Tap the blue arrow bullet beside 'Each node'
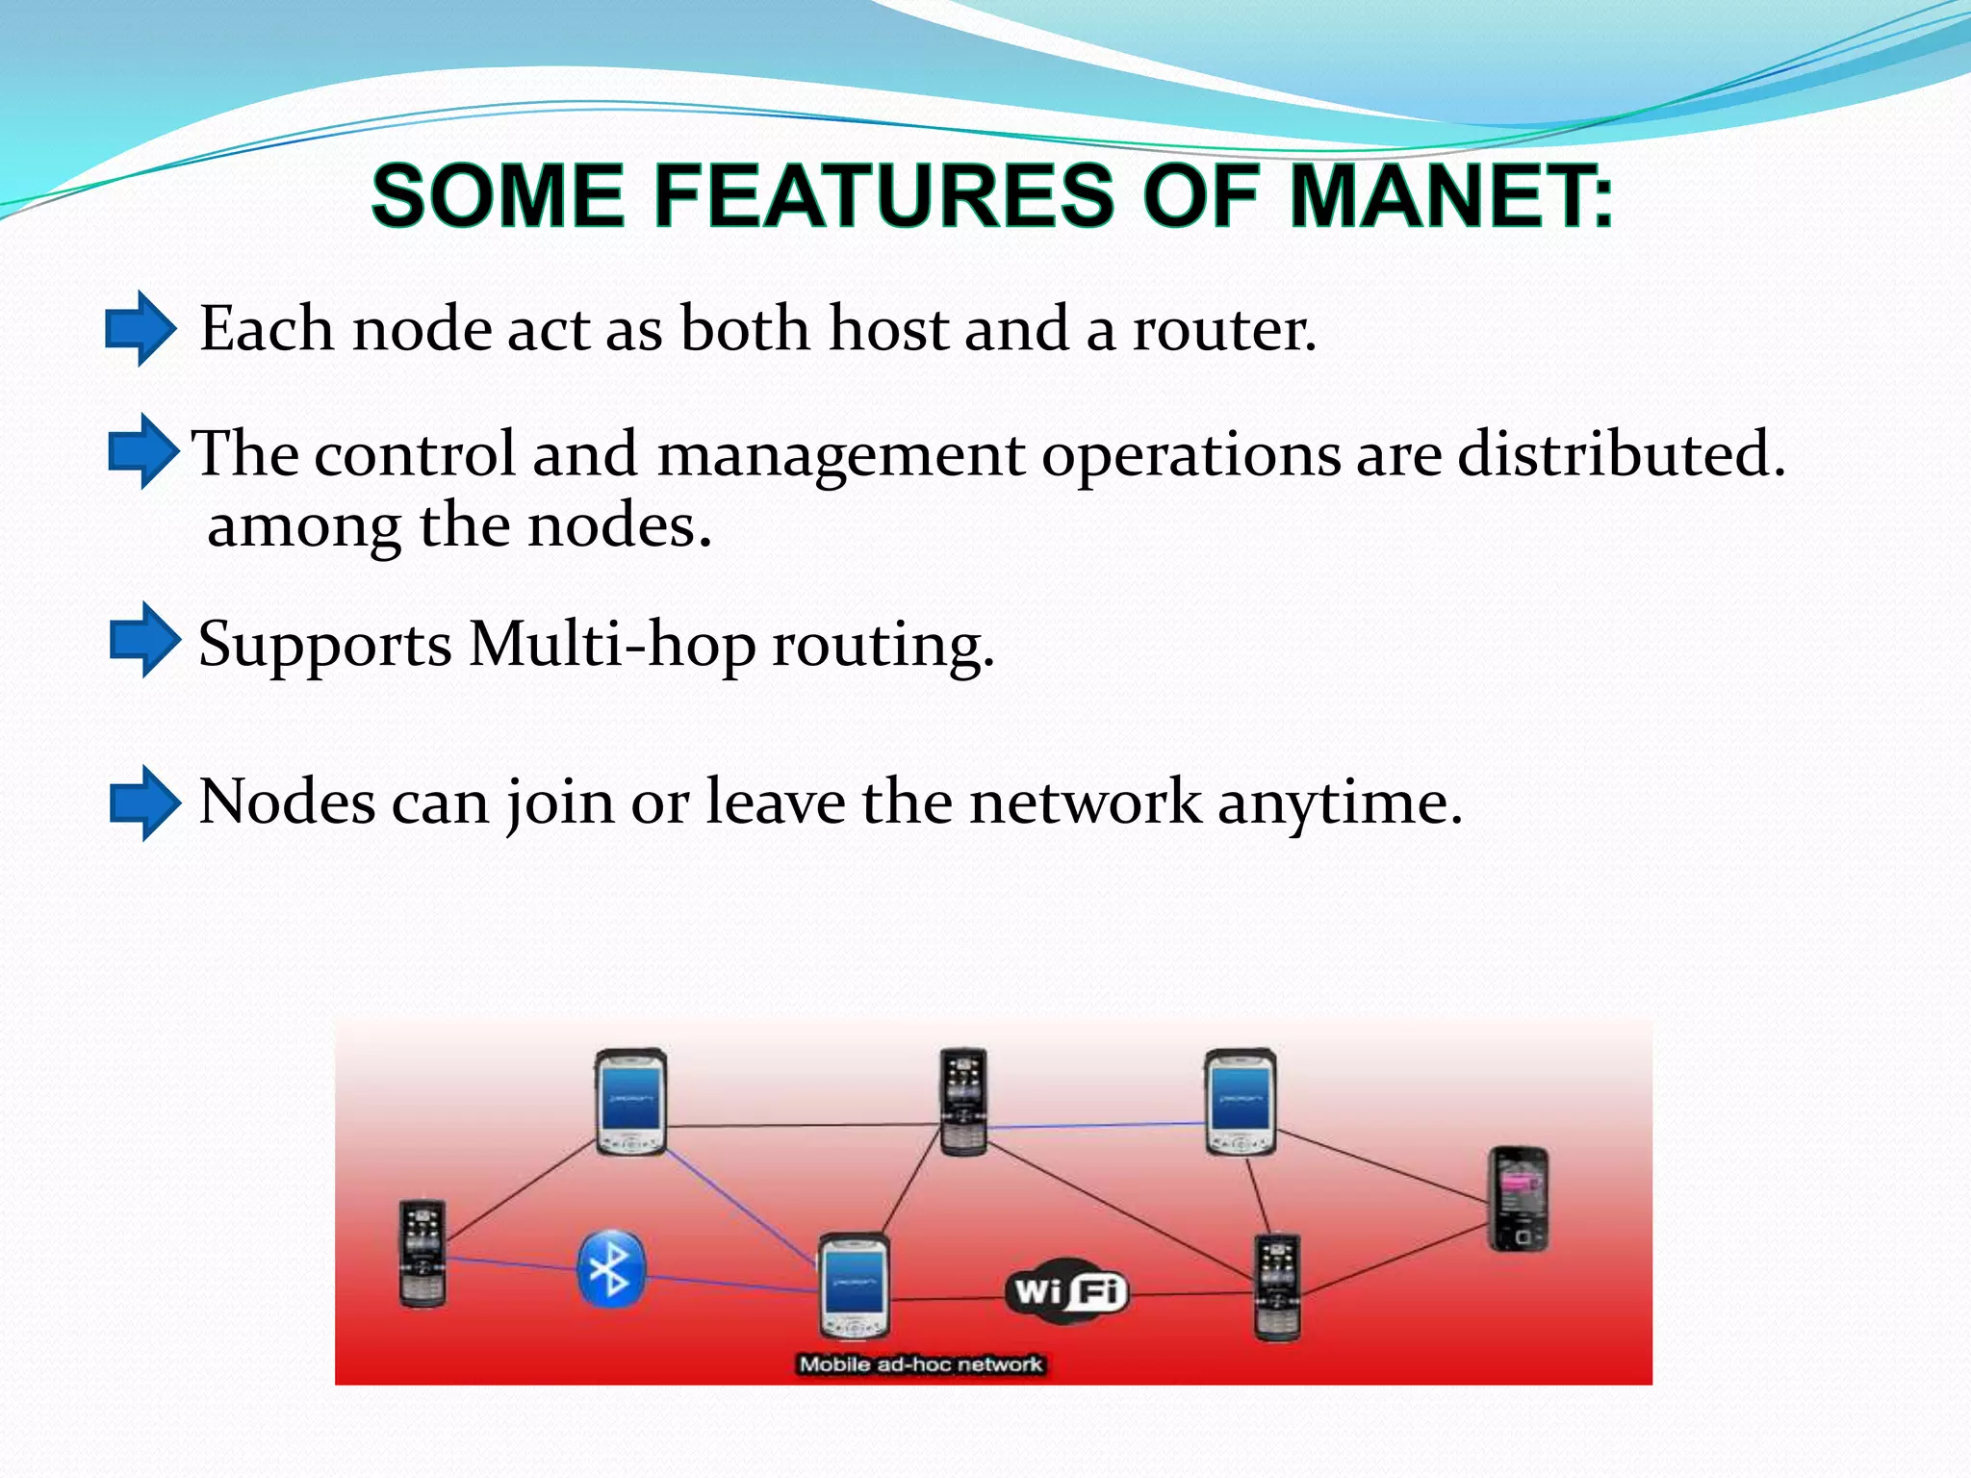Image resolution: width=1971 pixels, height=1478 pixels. click(x=141, y=328)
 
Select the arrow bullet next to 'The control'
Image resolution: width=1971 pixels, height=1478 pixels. click(x=143, y=450)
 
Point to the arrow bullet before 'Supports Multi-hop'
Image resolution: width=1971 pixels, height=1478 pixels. click(x=144, y=640)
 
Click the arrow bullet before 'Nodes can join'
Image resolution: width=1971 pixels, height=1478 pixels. click(x=144, y=803)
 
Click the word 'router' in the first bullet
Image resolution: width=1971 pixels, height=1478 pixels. click(x=1222, y=329)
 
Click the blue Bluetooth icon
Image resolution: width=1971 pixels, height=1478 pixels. click(x=610, y=1269)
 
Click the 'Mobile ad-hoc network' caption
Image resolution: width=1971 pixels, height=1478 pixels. click(x=921, y=1363)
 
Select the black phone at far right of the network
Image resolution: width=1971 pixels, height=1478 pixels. click(x=1519, y=1199)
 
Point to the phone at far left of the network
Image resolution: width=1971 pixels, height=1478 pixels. click(x=422, y=1253)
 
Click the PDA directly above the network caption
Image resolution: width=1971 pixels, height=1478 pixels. click(x=854, y=1286)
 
